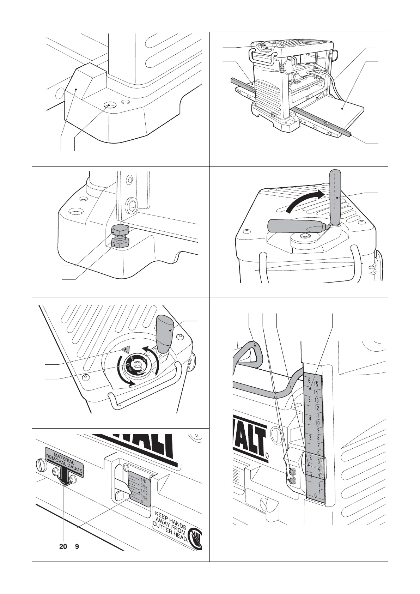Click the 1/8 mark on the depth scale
(142, 480)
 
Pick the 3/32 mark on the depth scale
(142, 486)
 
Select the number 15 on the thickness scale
(316, 384)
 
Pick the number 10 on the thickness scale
(317, 423)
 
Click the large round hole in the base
(109, 105)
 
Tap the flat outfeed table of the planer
(342, 110)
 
